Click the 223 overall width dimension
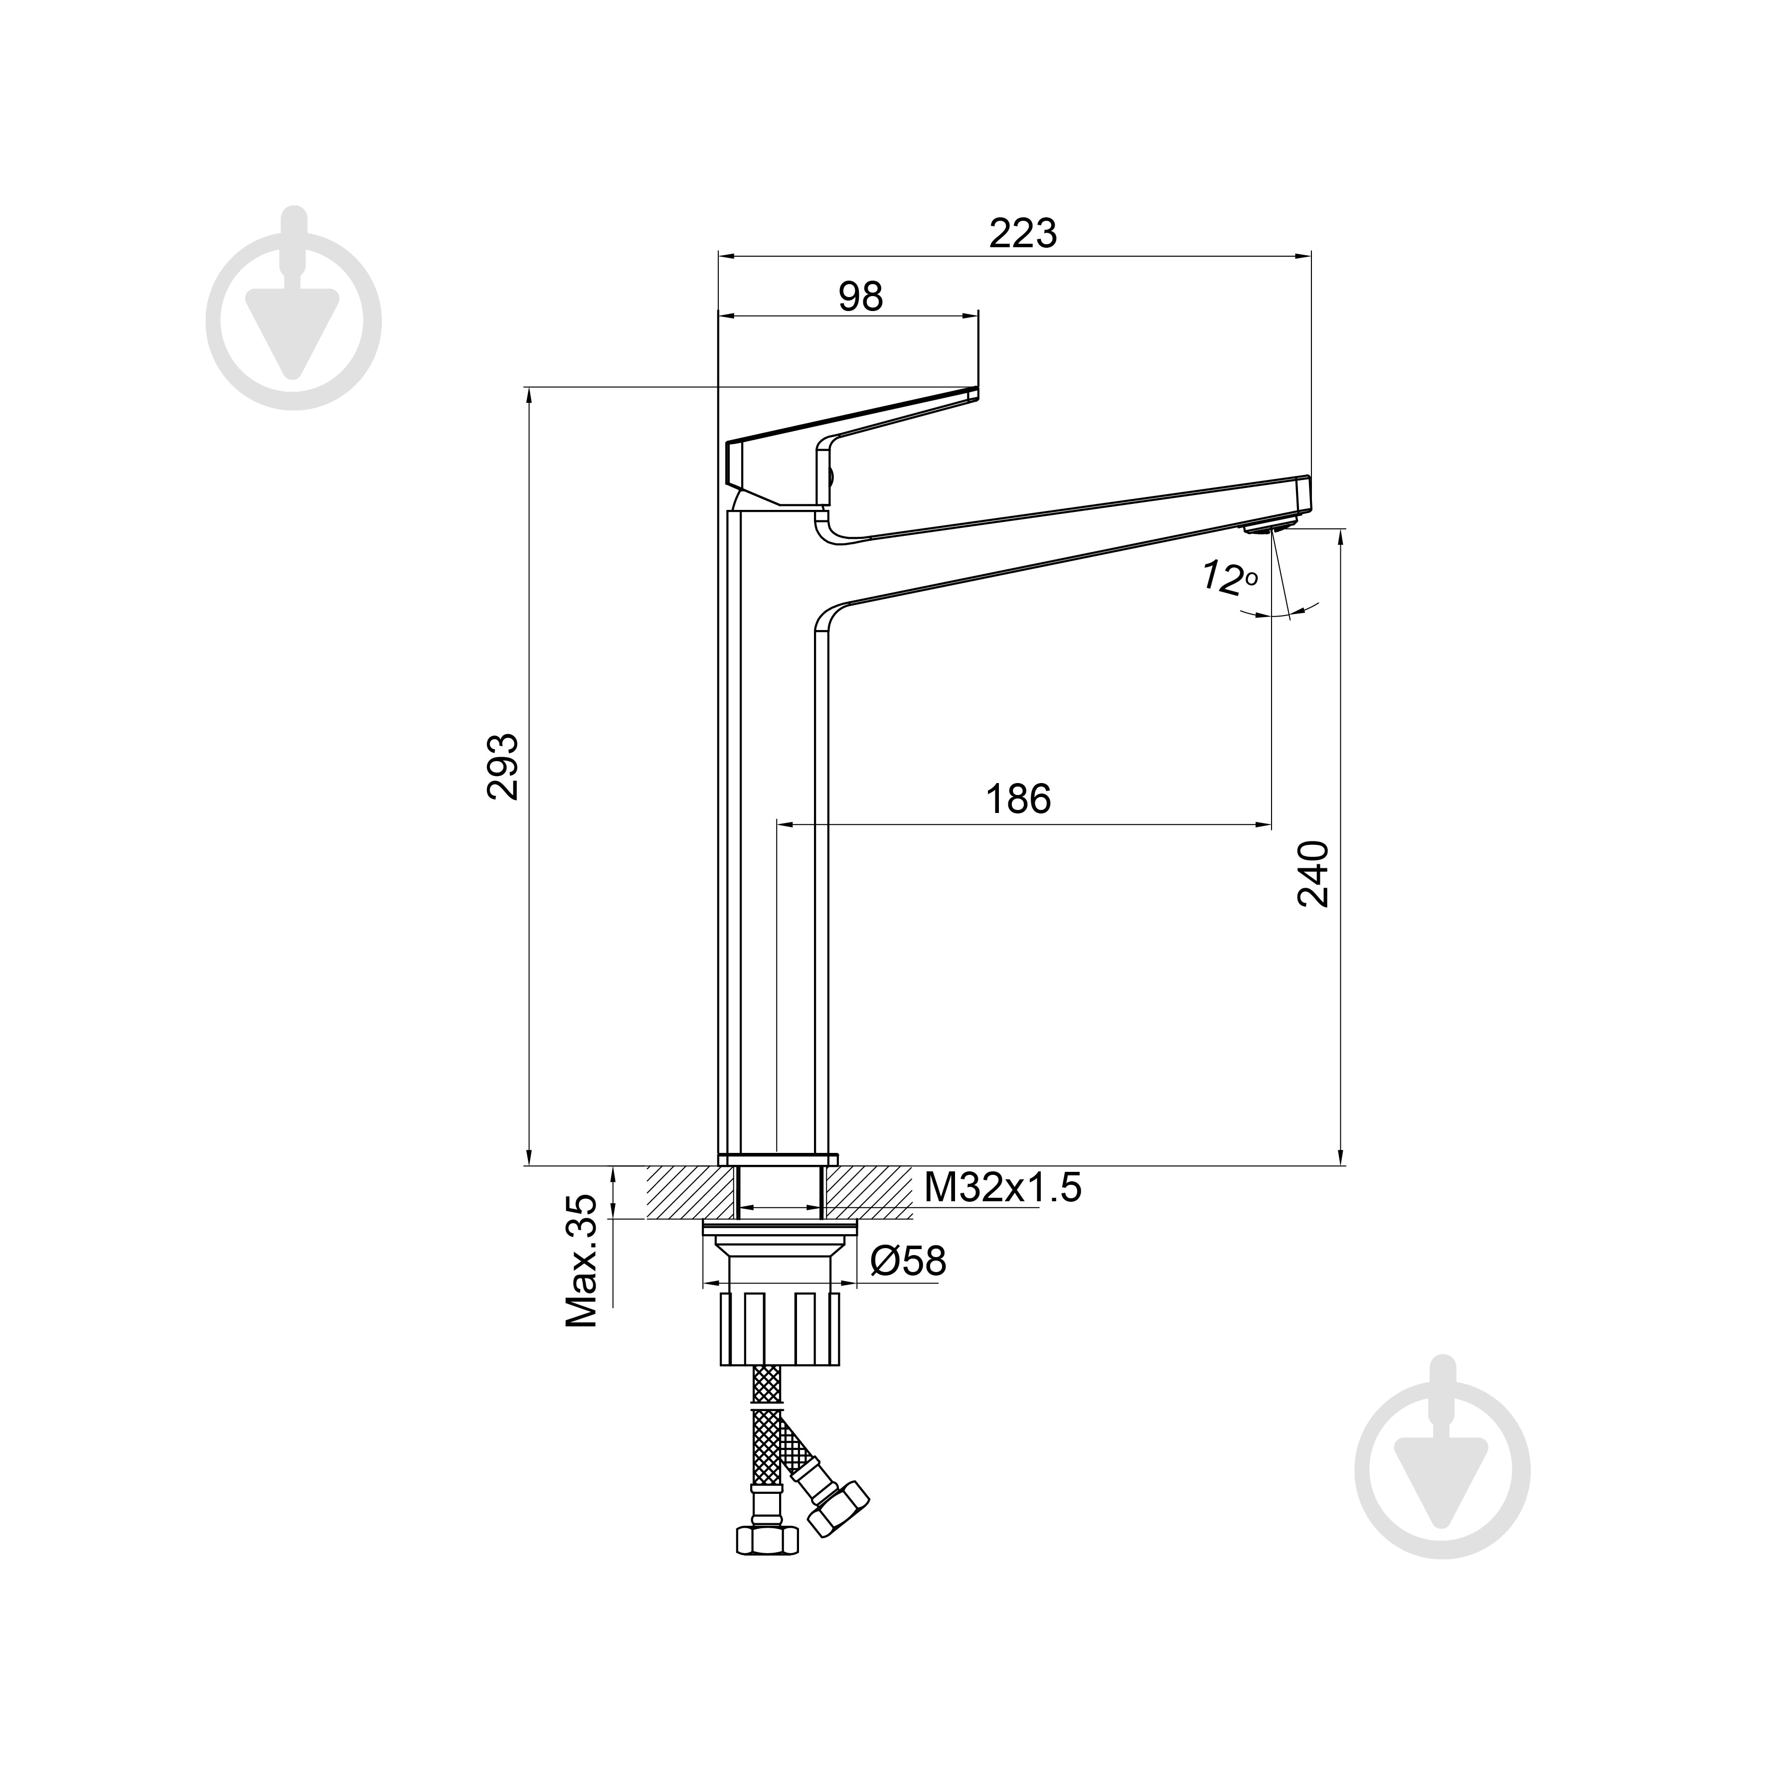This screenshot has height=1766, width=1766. [x=1023, y=234]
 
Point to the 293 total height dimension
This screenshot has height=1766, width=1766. [x=503, y=766]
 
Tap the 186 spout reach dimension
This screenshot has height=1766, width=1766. [x=1018, y=800]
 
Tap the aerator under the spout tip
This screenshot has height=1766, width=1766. [x=1271, y=525]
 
